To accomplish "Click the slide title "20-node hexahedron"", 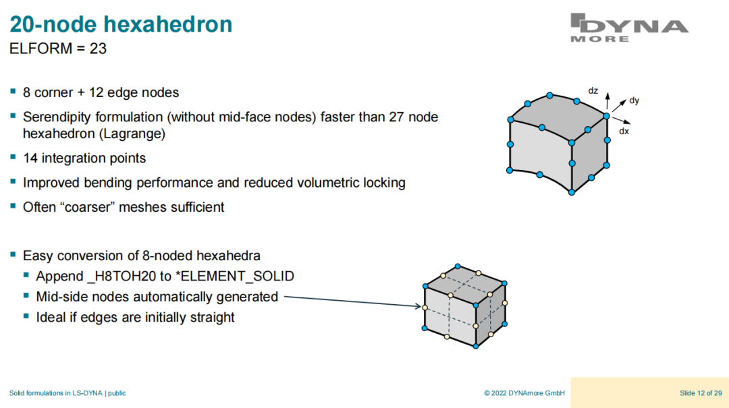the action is (x=121, y=24).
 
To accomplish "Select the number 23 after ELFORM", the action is (x=98, y=49).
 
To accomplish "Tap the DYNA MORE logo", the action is (x=629, y=28).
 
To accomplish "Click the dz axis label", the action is (x=593, y=90).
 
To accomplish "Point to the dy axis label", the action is (x=634, y=100).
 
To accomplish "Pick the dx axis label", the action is (x=624, y=131).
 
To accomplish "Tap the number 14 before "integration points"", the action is (x=30, y=158).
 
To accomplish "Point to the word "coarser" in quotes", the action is (x=86, y=207).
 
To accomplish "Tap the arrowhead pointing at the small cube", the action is (x=418, y=305).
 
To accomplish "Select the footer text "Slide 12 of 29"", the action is (x=701, y=393).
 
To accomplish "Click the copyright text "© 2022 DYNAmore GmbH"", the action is (x=524, y=393).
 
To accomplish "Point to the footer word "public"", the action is (x=117, y=393).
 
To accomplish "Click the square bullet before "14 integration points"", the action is (x=13, y=157).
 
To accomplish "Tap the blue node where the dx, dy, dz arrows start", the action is (x=606, y=116).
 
